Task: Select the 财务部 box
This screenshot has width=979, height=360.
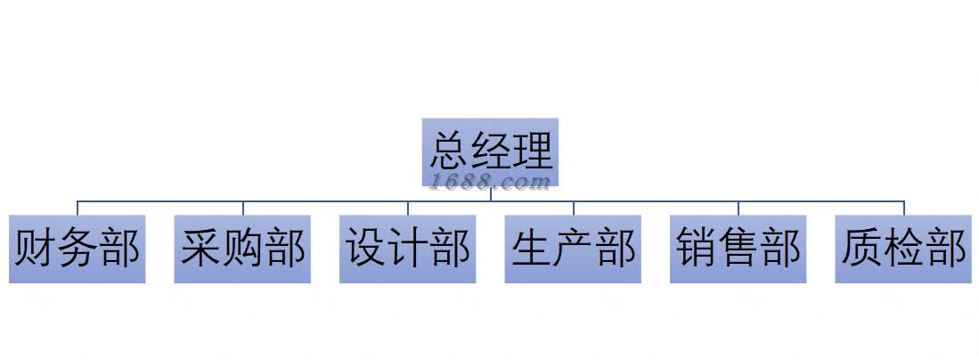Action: pos(77,249)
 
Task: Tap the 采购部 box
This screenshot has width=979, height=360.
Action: pos(242,249)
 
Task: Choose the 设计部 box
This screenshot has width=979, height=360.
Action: pos(407,249)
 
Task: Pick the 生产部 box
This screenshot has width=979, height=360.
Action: pos(573,249)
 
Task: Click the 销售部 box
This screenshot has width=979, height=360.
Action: pos(738,249)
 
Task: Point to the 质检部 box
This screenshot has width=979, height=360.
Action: pos(903,249)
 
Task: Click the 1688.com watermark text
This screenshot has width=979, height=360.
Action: pos(490,182)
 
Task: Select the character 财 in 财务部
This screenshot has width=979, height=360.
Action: pos(34,249)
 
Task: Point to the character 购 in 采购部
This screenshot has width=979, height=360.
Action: pos(243,249)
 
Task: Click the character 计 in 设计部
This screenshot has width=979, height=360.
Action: pos(408,249)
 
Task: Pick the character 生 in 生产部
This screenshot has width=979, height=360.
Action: pos(532,249)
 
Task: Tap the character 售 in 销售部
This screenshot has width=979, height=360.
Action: pos(738,249)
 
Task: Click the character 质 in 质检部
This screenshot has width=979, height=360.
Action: pos(861,249)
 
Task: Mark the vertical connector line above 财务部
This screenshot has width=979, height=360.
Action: pos(78,209)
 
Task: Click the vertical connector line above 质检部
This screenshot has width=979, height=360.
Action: pos(904,209)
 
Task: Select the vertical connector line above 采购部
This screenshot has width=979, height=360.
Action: pos(242,209)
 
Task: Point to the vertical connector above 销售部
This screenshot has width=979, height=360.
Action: pos(738,209)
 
